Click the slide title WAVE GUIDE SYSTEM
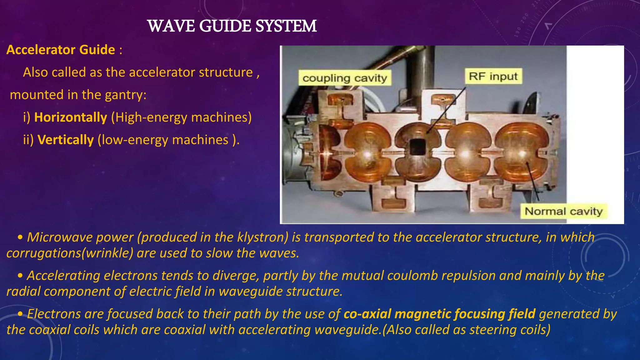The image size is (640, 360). pos(232,26)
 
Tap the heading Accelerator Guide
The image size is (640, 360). pos(61,50)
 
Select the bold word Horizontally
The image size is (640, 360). pos(71,117)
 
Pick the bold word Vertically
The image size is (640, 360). pos(66,140)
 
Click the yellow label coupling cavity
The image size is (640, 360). pos(345,78)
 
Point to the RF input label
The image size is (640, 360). pos(493,76)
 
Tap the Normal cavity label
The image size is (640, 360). pos(563,212)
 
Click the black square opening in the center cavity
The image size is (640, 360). pos(417,147)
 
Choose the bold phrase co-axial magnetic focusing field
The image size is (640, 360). pos(439,314)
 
